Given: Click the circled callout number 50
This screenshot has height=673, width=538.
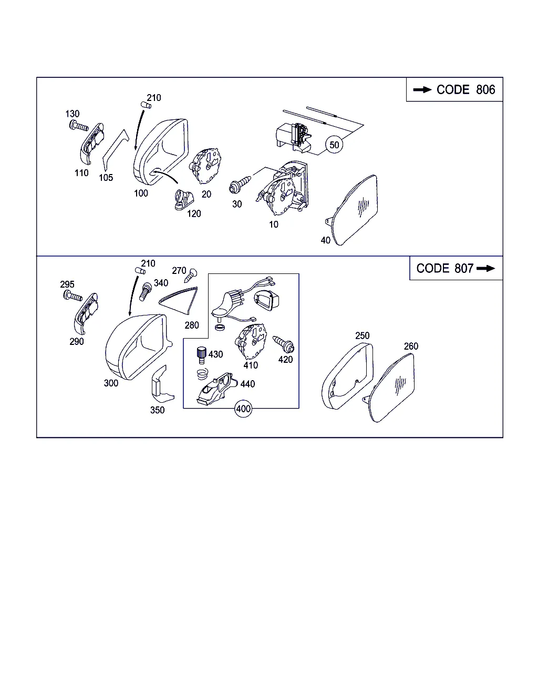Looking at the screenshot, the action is pos(334,145).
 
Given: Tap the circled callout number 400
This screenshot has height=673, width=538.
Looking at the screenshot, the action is pos(243,409).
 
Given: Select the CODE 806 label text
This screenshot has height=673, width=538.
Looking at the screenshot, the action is pos(465,90).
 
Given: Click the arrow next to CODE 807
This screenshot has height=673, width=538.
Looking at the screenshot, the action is pos(486,268).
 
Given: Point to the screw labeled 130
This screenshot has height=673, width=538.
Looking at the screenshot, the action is pos(78,126).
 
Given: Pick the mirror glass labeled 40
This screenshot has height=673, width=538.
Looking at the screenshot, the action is pos(353,210).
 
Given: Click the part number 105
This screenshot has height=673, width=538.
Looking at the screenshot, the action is pos(106,178).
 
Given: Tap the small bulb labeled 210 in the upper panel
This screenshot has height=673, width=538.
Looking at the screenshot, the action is pos(146,105).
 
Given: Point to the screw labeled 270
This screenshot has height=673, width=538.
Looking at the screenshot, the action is pos(191,275).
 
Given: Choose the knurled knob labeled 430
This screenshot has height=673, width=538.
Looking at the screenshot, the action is pos(201,355).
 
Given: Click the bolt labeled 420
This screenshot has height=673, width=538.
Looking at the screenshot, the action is pos(284,344).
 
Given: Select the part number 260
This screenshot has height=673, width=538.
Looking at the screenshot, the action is pos(411,346).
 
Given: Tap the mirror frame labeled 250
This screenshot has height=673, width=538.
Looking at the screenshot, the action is pos(347,376).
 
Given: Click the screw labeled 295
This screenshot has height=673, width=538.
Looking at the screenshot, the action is pos(73,295).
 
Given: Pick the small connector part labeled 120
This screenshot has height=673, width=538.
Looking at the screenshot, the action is pos(183,200).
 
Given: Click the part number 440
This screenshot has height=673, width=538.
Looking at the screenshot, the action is pos(247,384).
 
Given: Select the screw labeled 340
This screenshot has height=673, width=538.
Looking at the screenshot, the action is pos(144,291).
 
